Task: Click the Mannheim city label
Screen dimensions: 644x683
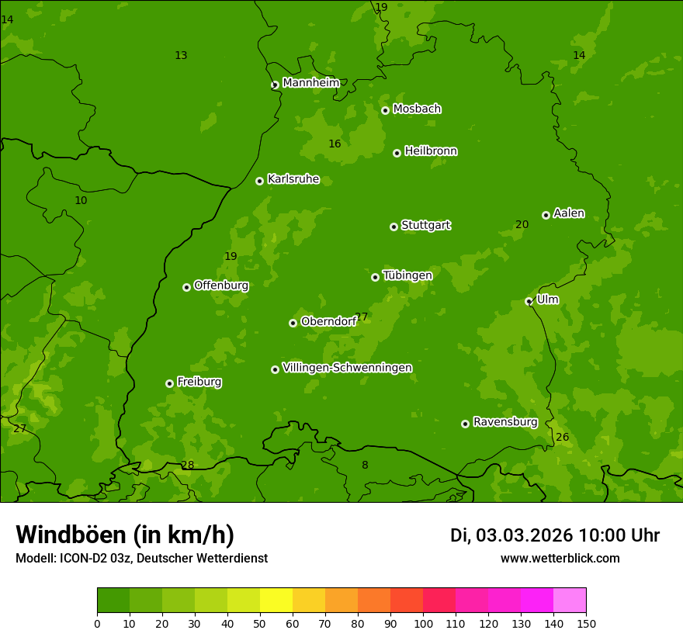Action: click(310, 83)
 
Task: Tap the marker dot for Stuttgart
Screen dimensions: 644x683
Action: click(394, 227)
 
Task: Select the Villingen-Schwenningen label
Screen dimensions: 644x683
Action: click(347, 368)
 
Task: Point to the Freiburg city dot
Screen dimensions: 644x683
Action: click(169, 383)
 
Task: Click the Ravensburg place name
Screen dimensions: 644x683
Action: click(505, 422)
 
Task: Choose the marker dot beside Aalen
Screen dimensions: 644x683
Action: click(546, 215)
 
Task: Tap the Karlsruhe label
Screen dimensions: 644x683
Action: click(293, 179)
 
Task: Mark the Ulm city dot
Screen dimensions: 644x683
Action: click(529, 301)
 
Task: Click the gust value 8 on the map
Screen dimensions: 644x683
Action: click(365, 466)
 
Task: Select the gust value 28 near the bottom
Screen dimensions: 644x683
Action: click(188, 466)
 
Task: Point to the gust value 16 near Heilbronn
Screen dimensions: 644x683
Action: click(335, 144)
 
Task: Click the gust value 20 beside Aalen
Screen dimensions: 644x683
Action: click(522, 225)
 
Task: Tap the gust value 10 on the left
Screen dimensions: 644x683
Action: click(81, 201)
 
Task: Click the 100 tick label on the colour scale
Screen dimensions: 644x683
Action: click(423, 623)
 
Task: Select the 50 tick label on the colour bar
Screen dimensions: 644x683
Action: click(260, 623)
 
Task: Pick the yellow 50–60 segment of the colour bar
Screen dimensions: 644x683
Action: click(276, 601)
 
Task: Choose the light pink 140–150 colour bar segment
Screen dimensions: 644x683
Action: click(570, 601)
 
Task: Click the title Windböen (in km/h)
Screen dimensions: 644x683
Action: click(125, 535)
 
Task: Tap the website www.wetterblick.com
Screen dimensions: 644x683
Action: click(560, 559)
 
